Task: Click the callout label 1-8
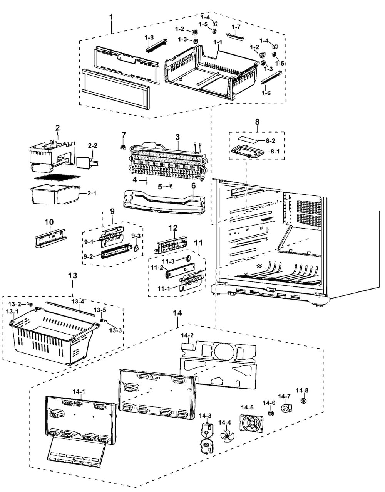[149, 37]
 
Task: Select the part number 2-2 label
[93, 145]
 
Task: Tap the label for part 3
[177, 136]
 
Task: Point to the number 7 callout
[124, 135]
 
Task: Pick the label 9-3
[136, 236]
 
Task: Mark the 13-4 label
[77, 302]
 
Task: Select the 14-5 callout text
[247, 407]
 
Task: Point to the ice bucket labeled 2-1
[54, 195]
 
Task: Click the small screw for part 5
[171, 186]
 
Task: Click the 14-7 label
[284, 396]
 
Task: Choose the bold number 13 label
[72, 275]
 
